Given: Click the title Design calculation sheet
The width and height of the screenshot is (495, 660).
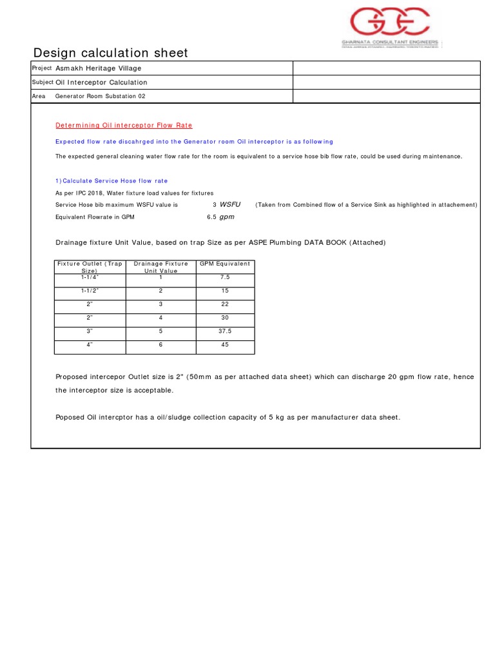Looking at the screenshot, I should click(110, 53).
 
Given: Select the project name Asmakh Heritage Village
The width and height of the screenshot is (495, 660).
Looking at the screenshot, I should click(98, 68).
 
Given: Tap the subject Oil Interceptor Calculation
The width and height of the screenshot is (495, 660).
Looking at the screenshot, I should click(101, 82).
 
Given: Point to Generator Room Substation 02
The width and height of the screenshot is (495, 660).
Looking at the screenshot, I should click(100, 96).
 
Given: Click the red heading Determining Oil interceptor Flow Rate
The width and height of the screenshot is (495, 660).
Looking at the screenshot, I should click(124, 125).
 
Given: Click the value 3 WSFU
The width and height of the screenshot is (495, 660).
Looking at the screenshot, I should click(226, 204).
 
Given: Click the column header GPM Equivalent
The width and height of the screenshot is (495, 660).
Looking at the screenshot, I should click(225, 264).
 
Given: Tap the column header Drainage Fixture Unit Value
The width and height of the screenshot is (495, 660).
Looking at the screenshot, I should click(160, 267).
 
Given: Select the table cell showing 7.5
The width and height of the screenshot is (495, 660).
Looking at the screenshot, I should click(225, 277).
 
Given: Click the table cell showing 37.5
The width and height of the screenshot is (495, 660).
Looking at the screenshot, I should click(225, 331).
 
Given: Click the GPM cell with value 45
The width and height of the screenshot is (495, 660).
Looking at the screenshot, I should click(225, 345).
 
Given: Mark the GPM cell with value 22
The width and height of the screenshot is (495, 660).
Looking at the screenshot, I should click(225, 304).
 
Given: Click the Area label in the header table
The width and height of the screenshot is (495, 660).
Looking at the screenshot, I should click(38, 96).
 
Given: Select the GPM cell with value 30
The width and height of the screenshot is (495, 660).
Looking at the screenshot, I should click(225, 318).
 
